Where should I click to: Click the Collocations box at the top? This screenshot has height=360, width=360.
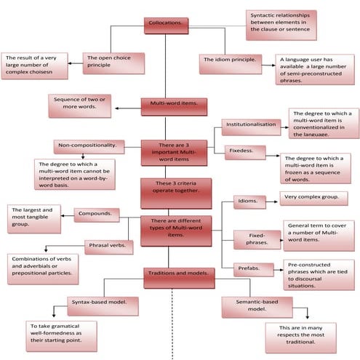click(x=167, y=25)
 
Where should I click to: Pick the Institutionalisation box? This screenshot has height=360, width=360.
click(x=250, y=124)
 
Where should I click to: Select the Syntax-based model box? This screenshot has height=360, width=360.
click(x=103, y=302)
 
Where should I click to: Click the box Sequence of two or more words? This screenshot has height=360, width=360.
click(x=82, y=105)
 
